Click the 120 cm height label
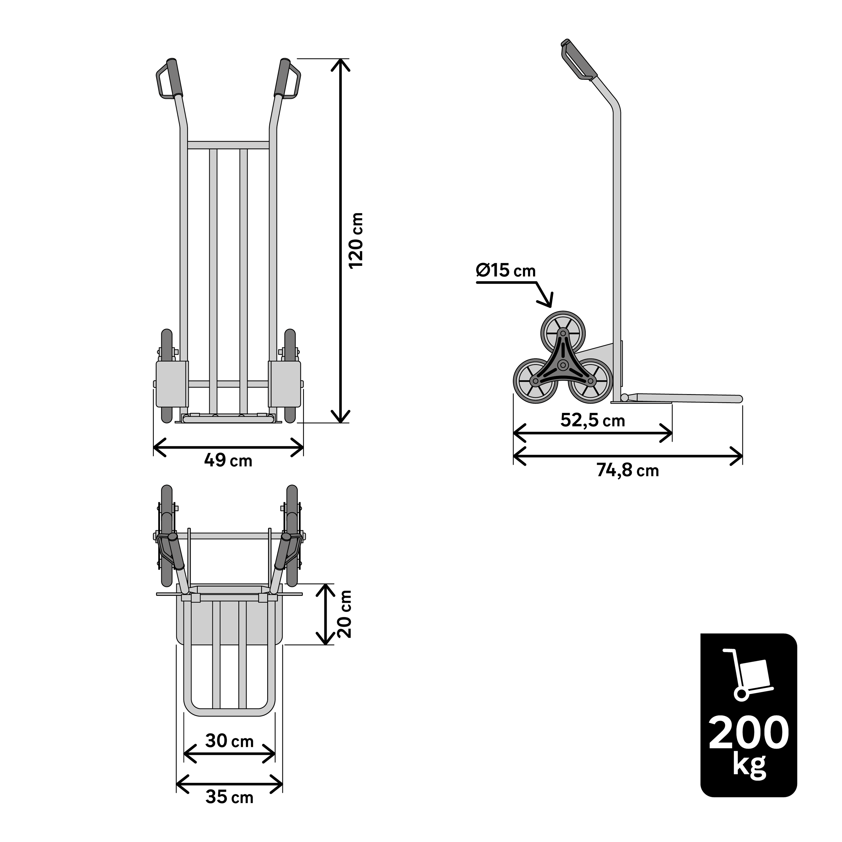coord(356,241)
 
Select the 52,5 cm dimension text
coord(593,420)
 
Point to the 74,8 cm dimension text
coord(628,471)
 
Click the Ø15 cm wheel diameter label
coord(505,271)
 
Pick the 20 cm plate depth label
coord(345,614)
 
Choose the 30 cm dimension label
coord(229,741)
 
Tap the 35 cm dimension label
coord(229,797)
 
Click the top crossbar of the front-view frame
coord(228,145)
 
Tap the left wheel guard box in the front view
coord(172,383)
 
